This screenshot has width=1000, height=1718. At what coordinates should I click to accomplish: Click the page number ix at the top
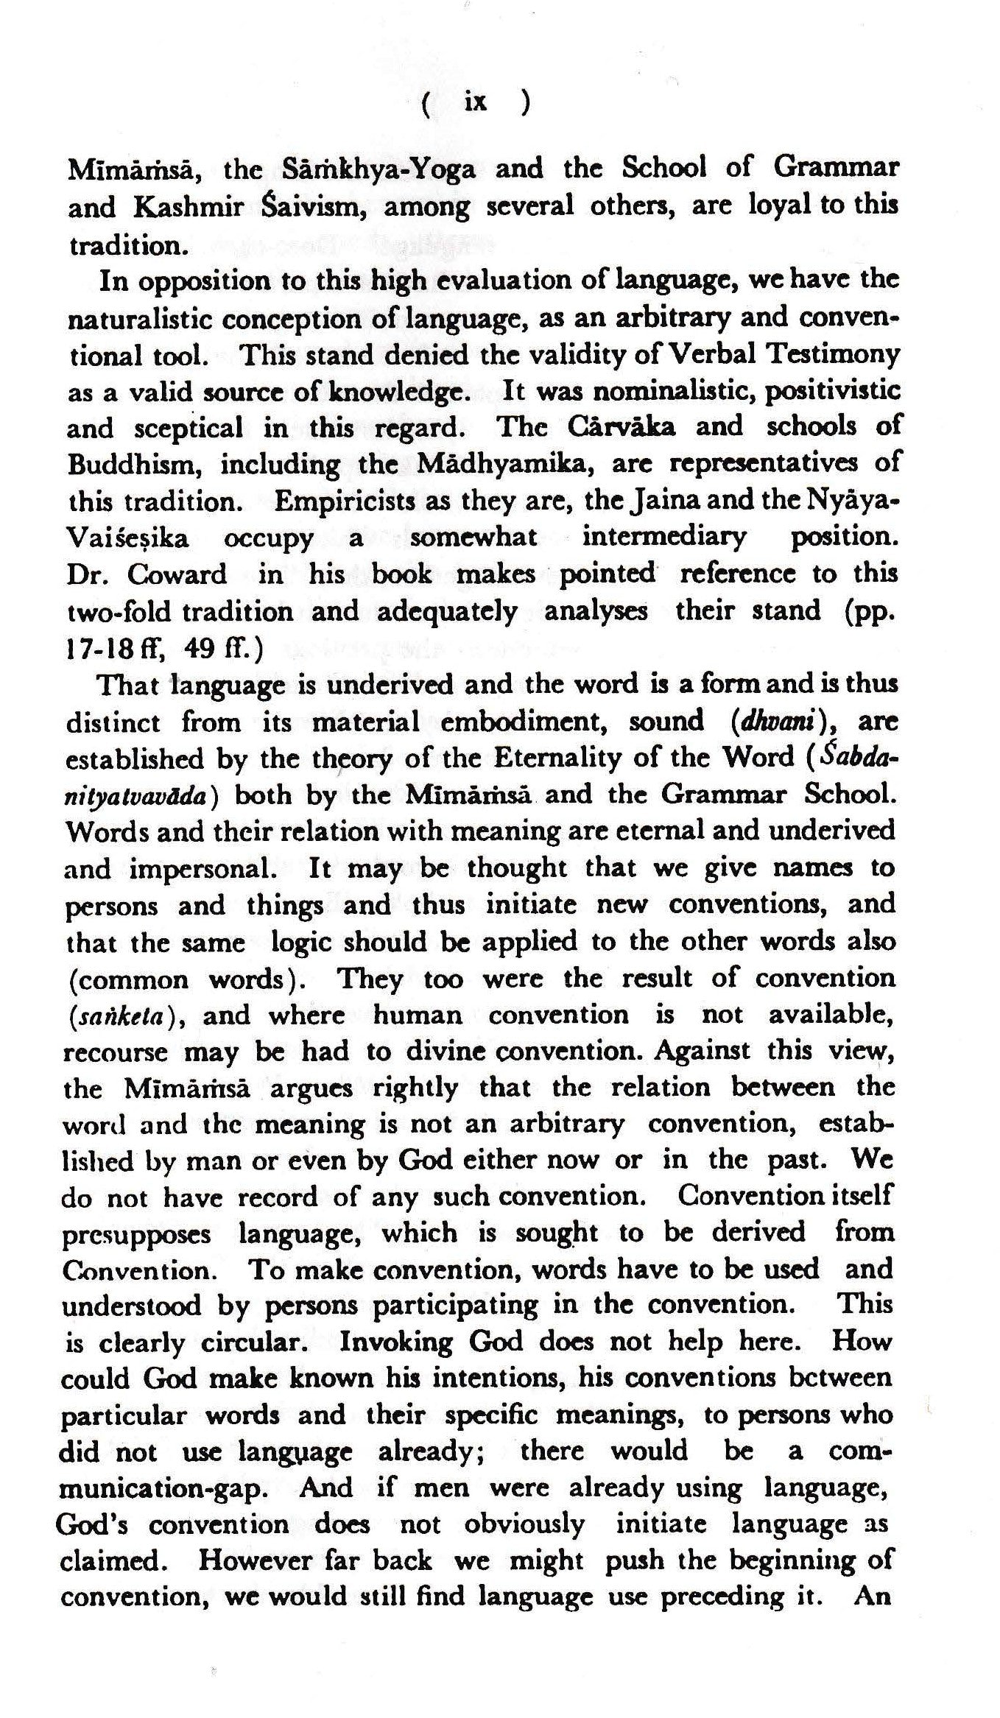point(476,102)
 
